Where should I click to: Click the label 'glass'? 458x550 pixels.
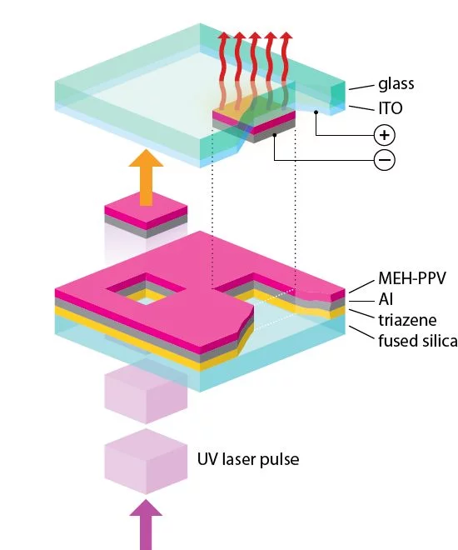(x=396, y=84)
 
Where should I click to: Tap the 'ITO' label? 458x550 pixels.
(x=391, y=108)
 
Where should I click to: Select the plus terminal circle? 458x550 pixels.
(x=385, y=135)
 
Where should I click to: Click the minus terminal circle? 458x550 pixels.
(x=385, y=160)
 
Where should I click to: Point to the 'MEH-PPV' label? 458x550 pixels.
(x=412, y=278)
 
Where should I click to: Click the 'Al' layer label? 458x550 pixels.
(x=386, y=299)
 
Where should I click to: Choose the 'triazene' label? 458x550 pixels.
(x=407, y=320)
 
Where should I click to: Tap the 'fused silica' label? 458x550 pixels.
(x=418, y=341)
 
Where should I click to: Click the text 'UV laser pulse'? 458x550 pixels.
(x=248, y=459)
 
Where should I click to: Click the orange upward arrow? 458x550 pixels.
(x=146, y=177)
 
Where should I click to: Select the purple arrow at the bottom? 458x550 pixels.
(x=146, y=525)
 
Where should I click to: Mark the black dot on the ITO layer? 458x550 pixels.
(x=316, y=112)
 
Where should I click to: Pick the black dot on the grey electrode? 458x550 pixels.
(x=275, y=135)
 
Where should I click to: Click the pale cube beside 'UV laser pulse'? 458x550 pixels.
(x=146, y=462)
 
